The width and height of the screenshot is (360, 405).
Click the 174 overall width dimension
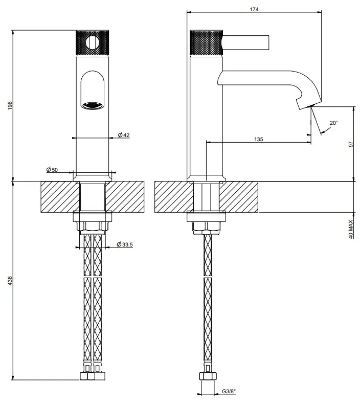coord(254,9)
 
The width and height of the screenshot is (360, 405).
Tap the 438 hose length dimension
coord(9,281)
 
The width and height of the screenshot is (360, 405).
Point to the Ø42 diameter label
coord(123,135)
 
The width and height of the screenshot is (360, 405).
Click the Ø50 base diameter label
coord(52,170)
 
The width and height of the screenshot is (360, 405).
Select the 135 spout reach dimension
coord(258,140)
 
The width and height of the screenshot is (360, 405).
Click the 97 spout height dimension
coord(351,144)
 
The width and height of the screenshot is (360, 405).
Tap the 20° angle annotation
coord(333,123)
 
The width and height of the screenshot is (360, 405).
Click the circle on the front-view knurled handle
coord(93,42)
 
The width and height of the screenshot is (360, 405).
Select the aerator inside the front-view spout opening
coord(93,105)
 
